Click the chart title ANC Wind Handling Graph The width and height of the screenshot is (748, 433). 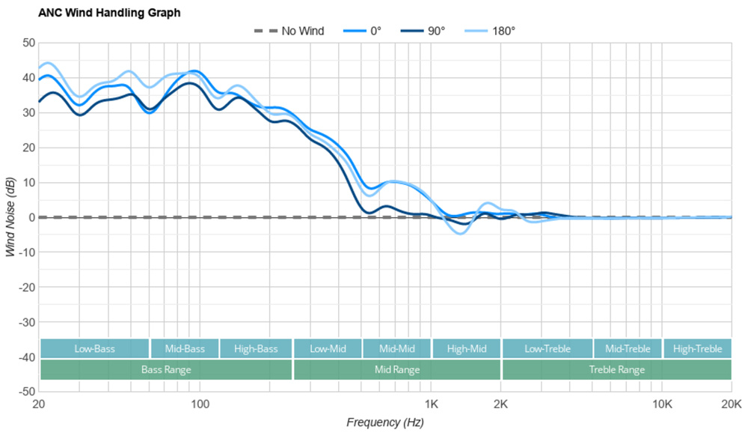[x=109, y=13]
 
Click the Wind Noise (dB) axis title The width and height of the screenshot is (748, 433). [x=10, y=217]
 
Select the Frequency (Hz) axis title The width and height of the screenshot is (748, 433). [x=384, y=423]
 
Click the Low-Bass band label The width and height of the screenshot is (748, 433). [x=94, y=348]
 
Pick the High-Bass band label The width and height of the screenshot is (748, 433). [x=256, y=348]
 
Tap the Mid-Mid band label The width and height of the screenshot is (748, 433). [x=396, y=348]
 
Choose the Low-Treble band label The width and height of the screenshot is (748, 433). [x=548, y=348]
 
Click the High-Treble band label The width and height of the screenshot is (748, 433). [x=697, y=348]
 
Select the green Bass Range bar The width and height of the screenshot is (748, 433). [x=166, y=369]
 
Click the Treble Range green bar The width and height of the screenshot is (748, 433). [x=616, y=369]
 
